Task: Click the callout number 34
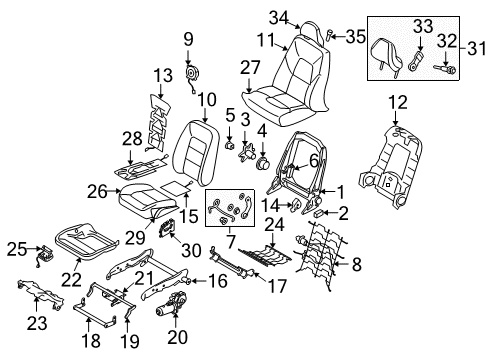pos(277,15)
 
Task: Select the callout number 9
pos(187,39)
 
